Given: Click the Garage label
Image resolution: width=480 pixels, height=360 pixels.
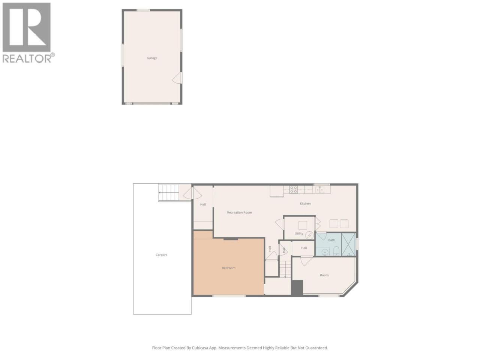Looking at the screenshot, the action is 152,58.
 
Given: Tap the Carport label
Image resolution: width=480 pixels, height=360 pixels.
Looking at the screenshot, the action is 161,255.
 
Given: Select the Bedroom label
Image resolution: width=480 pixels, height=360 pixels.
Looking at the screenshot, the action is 228,268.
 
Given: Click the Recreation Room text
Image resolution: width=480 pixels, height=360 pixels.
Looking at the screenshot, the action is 240,212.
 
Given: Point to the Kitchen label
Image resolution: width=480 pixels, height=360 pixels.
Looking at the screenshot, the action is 305,204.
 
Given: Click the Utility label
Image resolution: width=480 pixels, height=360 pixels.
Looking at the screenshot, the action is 299,234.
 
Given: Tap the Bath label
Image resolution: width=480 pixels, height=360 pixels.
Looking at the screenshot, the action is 331,240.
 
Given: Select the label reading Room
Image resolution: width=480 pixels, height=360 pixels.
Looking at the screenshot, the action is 324,275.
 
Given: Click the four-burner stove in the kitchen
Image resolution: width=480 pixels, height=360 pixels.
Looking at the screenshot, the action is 294,189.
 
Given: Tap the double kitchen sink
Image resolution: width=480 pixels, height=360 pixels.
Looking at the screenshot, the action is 320,190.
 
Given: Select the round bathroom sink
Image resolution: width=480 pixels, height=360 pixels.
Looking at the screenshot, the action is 325,252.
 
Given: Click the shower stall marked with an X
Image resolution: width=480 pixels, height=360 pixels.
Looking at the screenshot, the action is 348,244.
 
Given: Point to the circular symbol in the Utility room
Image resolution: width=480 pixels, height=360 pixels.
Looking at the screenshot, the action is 309,235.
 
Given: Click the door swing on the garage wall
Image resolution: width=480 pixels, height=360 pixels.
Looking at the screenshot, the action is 177,78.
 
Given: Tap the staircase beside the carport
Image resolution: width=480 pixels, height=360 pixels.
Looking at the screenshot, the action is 169,193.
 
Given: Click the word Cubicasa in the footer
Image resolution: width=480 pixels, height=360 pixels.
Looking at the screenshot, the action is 200,348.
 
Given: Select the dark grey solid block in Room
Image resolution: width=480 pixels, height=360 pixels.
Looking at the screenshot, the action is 297,288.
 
